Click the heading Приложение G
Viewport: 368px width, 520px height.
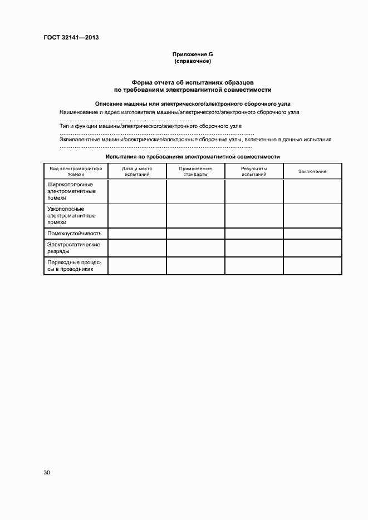point(193,54)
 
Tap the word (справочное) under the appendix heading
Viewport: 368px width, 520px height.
point(193,61)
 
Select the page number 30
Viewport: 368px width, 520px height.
point(47,473)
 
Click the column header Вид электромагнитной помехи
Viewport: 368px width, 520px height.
point(76,171)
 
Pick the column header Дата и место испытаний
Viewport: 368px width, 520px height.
point(137,171)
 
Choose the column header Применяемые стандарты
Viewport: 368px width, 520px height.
point(195,171)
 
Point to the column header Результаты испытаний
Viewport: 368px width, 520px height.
point(254,171)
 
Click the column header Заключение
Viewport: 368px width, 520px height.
point(312,171)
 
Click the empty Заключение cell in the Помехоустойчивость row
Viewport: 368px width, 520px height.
point(312,234)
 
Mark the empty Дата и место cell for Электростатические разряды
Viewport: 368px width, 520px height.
point(137,247)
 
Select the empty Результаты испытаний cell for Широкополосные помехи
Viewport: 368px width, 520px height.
point(254,191)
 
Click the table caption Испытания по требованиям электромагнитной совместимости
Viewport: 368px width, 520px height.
point(193,157)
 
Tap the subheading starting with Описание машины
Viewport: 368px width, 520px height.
point(193,103)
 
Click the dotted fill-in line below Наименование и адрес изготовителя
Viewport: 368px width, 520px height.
point(126,120)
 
